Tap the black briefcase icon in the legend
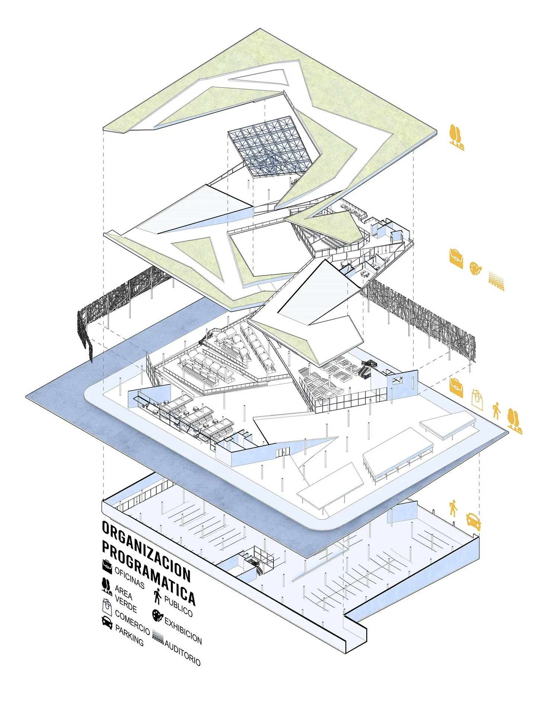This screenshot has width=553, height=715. [x=107, y=566]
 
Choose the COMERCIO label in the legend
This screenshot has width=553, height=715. [x=132, y=622]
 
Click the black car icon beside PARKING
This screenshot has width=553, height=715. [x=107, y=622]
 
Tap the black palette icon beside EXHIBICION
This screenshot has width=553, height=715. [x=157, y=615]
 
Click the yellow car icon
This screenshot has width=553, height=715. [x=473, y=521]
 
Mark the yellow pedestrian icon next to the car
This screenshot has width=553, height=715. [x=453, y=508]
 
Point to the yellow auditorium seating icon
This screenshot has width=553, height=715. [x=497, y=280]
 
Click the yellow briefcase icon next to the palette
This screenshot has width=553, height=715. [x=456, y=258]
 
